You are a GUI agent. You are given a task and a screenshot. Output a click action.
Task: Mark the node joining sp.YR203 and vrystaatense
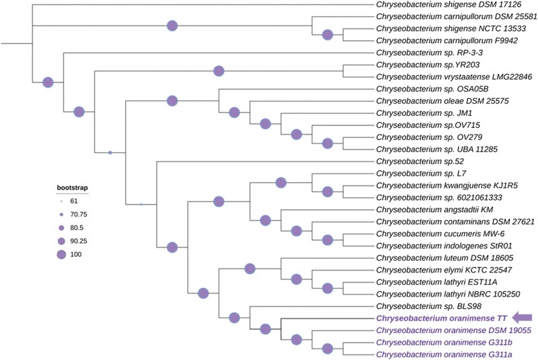click(218, 71)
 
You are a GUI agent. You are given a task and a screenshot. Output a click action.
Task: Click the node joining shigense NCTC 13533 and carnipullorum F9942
click(328, 35)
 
